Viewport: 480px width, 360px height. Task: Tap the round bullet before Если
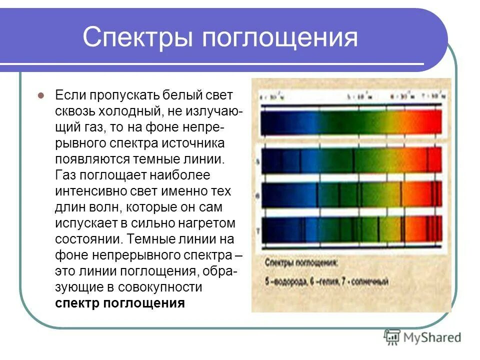pyautogui.click(x=42, y=95)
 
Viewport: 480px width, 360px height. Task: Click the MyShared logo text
pyautogui.click(x=432, y=337)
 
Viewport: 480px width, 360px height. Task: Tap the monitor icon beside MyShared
pyautogui.click(x=392, y=337)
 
